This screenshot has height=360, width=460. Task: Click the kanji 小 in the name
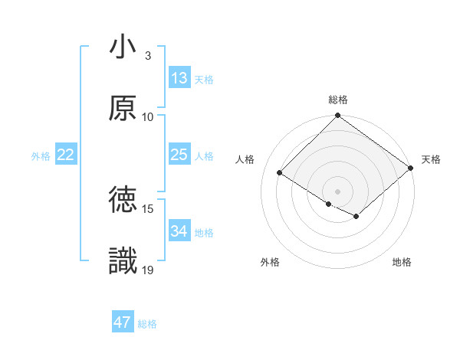coord(123,47)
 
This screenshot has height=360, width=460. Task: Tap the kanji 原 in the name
coord(123,109)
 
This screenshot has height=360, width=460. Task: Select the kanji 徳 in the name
coord(123,201)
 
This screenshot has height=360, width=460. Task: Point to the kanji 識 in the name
coord(123,262)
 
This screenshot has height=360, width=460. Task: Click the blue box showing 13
coord(179,78)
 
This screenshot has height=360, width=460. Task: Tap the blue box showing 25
coord(179,155)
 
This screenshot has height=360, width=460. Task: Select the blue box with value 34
coord(179,231)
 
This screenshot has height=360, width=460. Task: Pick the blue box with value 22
coord(66,155)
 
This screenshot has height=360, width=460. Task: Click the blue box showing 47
coord(123,322)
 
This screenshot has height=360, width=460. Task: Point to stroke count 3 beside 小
coord(148,55)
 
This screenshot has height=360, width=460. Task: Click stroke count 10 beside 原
coord(148,116)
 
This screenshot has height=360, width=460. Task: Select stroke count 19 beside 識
coord(148,270)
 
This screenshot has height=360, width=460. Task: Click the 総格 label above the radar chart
coord(338,100)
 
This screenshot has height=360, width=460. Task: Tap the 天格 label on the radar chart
coord(431,159)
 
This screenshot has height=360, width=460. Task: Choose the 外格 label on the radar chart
coord(270,262)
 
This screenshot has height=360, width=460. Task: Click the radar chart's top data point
coord(338,116)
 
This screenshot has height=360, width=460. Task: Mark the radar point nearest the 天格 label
coord(411,168)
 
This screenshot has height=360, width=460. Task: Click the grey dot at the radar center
coord(338,191)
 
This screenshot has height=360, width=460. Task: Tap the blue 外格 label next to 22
coord(41,156)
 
